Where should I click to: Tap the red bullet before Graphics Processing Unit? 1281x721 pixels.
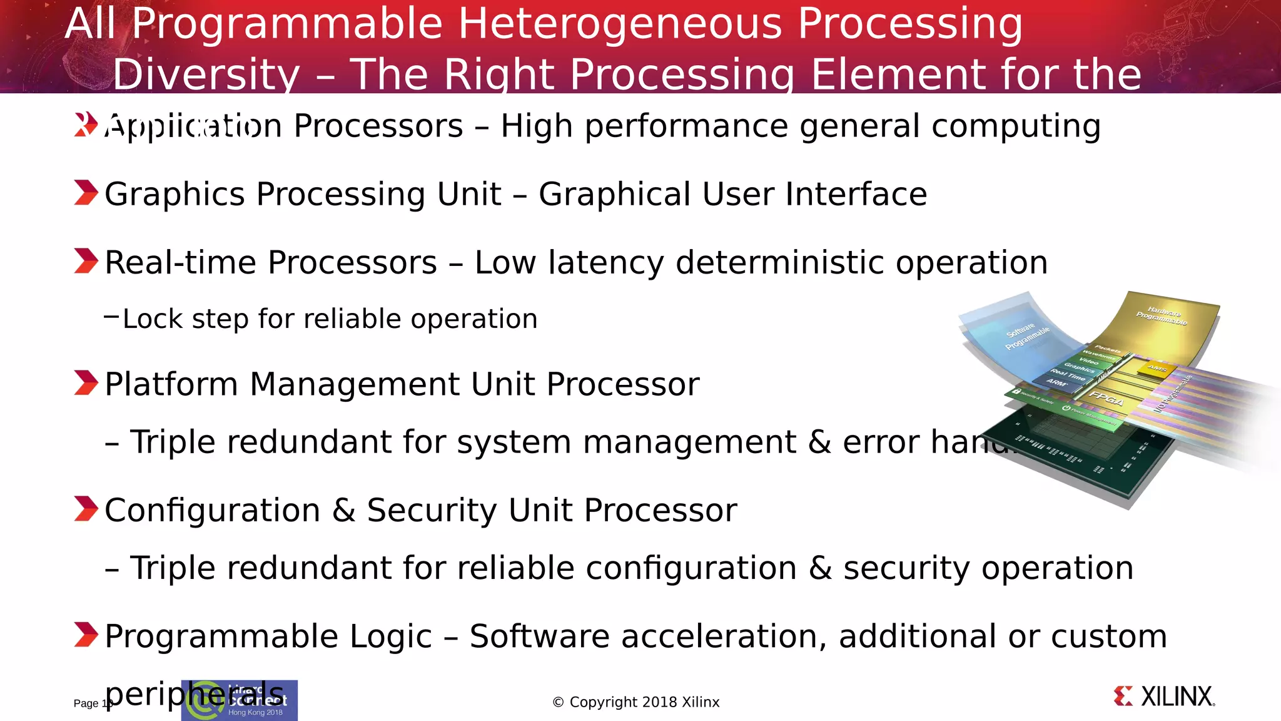coord(86,193)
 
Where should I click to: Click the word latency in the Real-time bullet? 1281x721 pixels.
coord(605,263)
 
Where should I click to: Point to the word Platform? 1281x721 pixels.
coord(171,384)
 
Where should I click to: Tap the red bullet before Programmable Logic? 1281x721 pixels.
coord(86,635)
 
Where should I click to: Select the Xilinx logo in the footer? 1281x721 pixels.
coord(1164,697)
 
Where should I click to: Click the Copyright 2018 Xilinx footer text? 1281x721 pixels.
coord(636,702)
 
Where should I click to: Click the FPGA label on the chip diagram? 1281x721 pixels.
coord(1106,399)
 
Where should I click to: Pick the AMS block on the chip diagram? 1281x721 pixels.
coord(1157,369)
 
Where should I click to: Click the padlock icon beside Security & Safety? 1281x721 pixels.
coord(1016,391)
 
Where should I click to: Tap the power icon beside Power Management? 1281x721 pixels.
coord(1066,408)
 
